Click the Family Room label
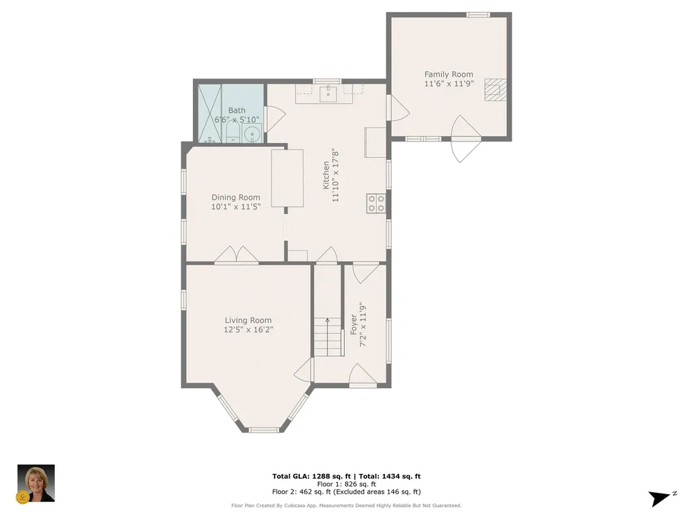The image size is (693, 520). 449,74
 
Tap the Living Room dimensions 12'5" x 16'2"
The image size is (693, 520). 248,330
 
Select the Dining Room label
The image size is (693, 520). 236,198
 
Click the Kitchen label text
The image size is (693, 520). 326,174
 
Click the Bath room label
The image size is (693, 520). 237,110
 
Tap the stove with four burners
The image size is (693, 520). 376,203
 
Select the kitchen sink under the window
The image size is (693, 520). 328,93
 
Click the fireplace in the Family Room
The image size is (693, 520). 495,89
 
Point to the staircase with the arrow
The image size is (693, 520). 328,337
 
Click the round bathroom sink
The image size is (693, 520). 252,134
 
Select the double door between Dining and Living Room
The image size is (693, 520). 236,255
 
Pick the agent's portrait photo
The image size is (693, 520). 35,483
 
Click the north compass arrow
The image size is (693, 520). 660,498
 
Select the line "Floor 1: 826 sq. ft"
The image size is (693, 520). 346,484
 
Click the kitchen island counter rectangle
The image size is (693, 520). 288,178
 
